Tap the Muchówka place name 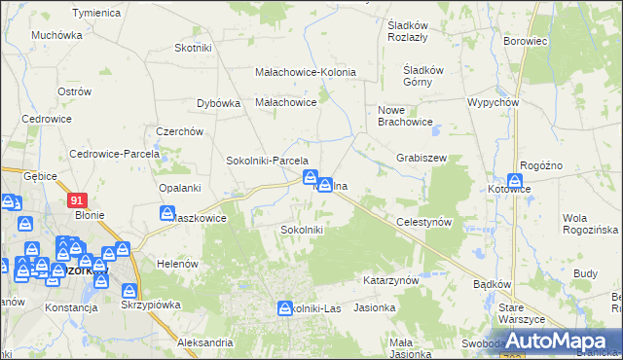[56, 35]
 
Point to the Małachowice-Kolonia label [305, 72]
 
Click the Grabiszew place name [421, 157]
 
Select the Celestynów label [425, 223]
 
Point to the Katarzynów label [390, 280]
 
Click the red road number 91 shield [79, 198]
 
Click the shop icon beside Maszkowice [167, 213]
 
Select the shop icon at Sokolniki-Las [284, 307]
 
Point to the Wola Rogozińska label [591, 223]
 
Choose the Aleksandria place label [205, 342]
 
